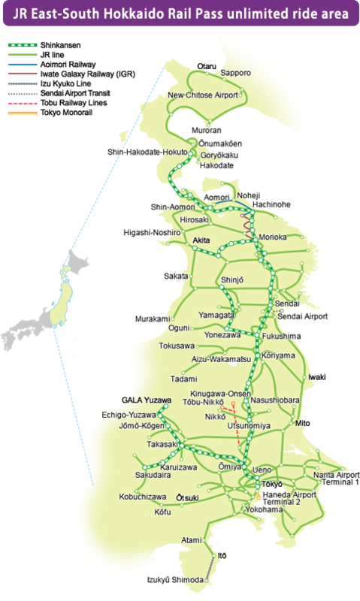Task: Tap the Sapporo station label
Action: click(235, 73)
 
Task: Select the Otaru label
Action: click(206, 65)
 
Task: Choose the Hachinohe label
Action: click(272, 204)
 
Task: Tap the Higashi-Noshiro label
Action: click(151, 233)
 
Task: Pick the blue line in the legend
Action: click(22, 65)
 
